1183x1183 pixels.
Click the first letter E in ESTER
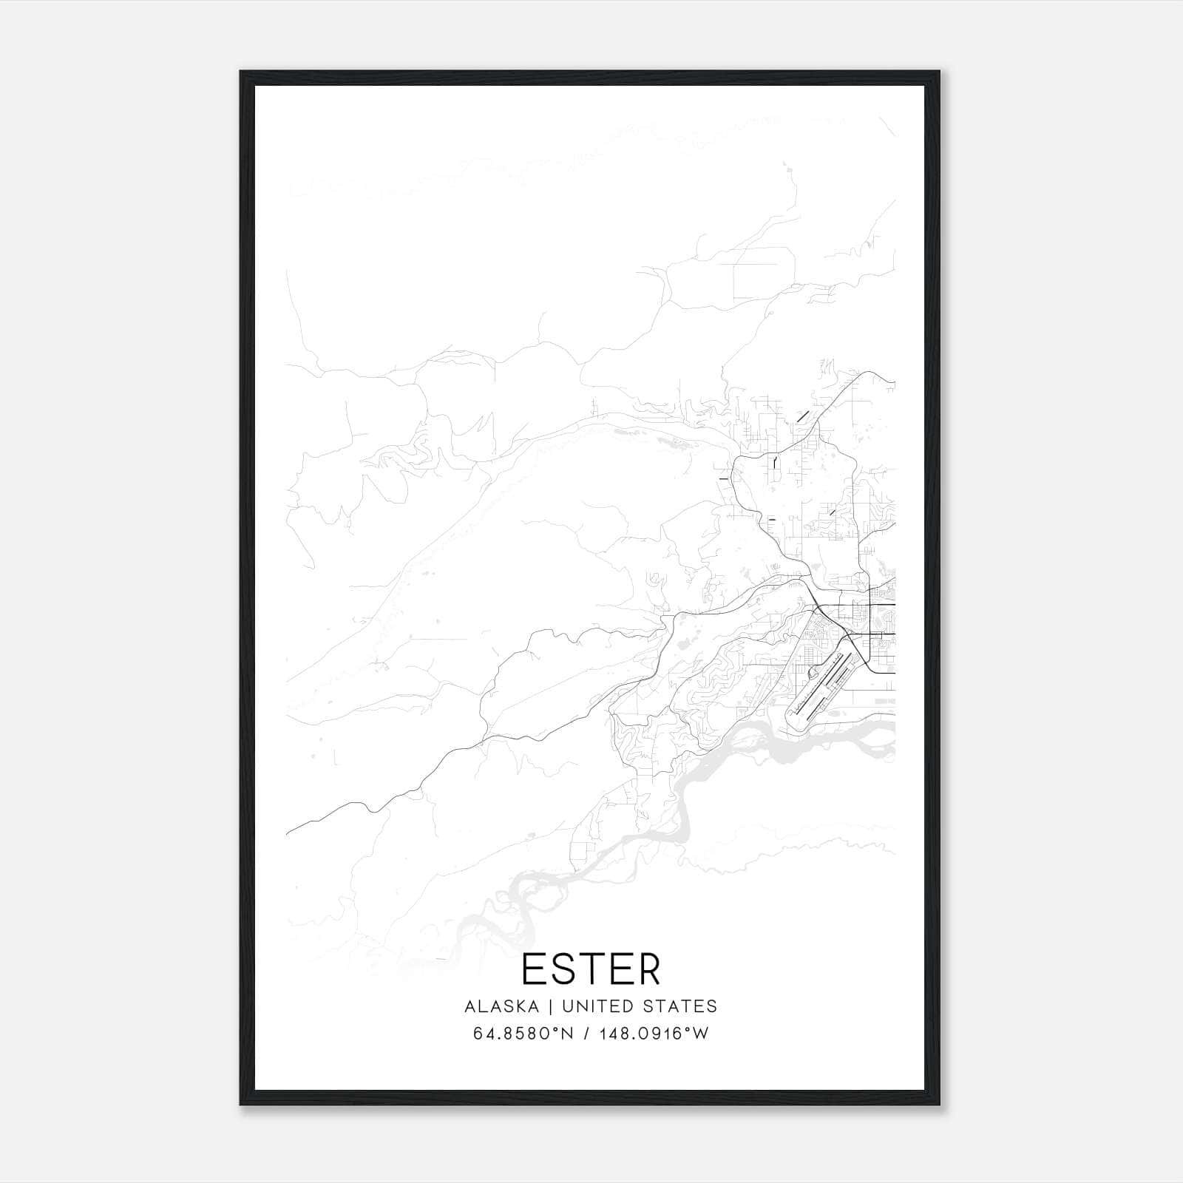coord(533,969)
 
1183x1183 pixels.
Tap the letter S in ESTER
coord(563,969)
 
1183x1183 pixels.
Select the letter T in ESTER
coord(591,969)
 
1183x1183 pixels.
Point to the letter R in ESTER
coord(648,969)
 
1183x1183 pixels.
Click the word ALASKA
coord(506,1006)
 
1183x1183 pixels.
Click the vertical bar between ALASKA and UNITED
coord(555,1006)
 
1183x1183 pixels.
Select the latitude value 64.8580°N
coord(523,1034)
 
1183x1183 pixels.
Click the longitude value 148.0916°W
coord(653,1034)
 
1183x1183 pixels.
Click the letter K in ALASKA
coord(527,1006)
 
